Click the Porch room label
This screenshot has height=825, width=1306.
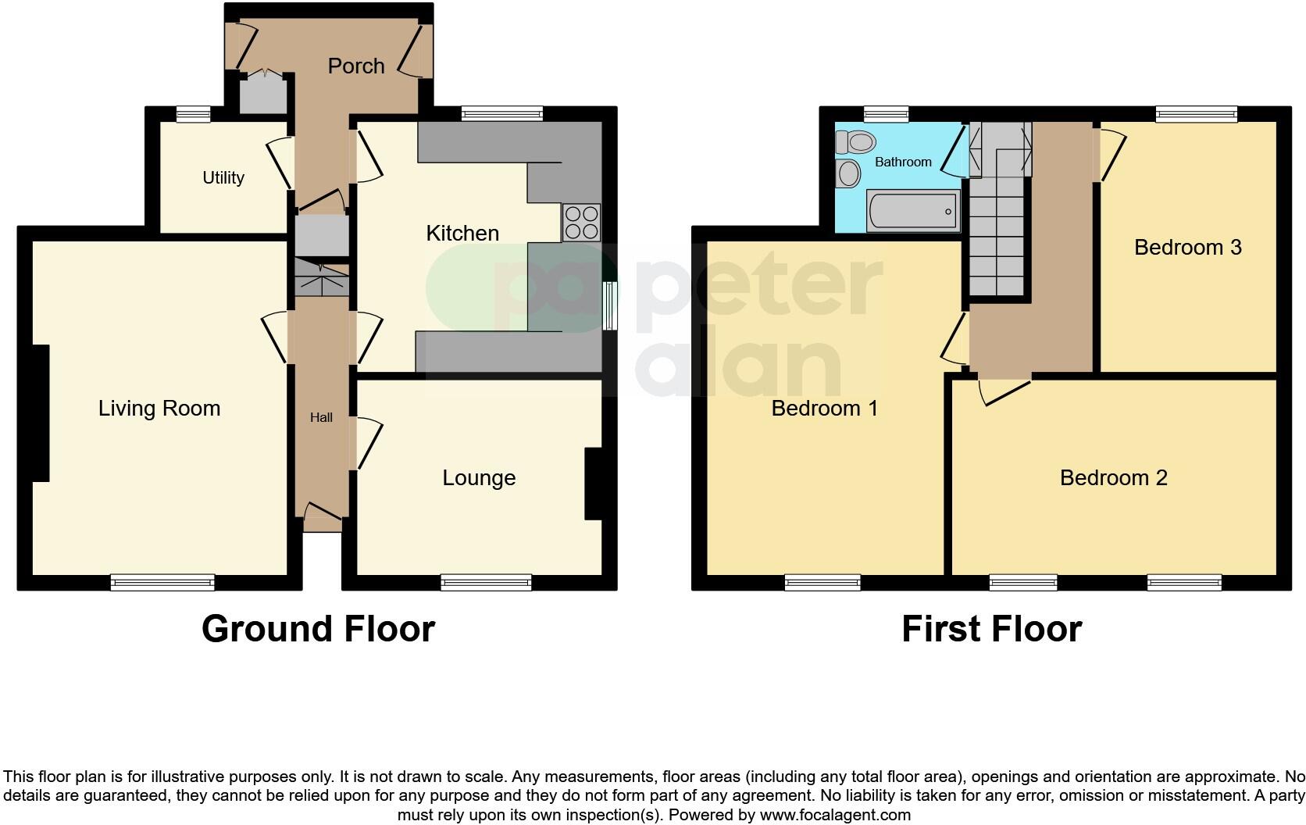tap(356, 66)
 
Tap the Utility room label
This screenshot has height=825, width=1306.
tap(223, 178)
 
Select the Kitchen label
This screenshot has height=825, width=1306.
tap(462, 233)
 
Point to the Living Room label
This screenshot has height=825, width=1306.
tap(159, 408)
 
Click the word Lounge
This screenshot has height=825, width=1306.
tap(479, 478)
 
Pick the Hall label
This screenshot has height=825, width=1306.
tap(321, 418)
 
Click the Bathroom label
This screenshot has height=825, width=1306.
tap(903, 162)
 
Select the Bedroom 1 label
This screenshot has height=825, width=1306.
tap(824, 408)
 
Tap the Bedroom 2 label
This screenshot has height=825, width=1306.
tap(1113, 477)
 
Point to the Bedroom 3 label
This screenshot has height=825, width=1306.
tap(1187, 248)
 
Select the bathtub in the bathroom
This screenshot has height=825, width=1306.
tap(913, 211)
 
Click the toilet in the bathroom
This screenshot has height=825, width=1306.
tap(855, 142)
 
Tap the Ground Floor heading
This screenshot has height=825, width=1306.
tap(318, 629)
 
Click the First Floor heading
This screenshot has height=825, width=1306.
tap(991, 629)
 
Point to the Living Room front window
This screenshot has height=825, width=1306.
tap(162, 582)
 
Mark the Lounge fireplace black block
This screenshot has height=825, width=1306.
tap(594, 484)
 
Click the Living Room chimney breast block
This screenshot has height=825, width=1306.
tap(41, 412)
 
